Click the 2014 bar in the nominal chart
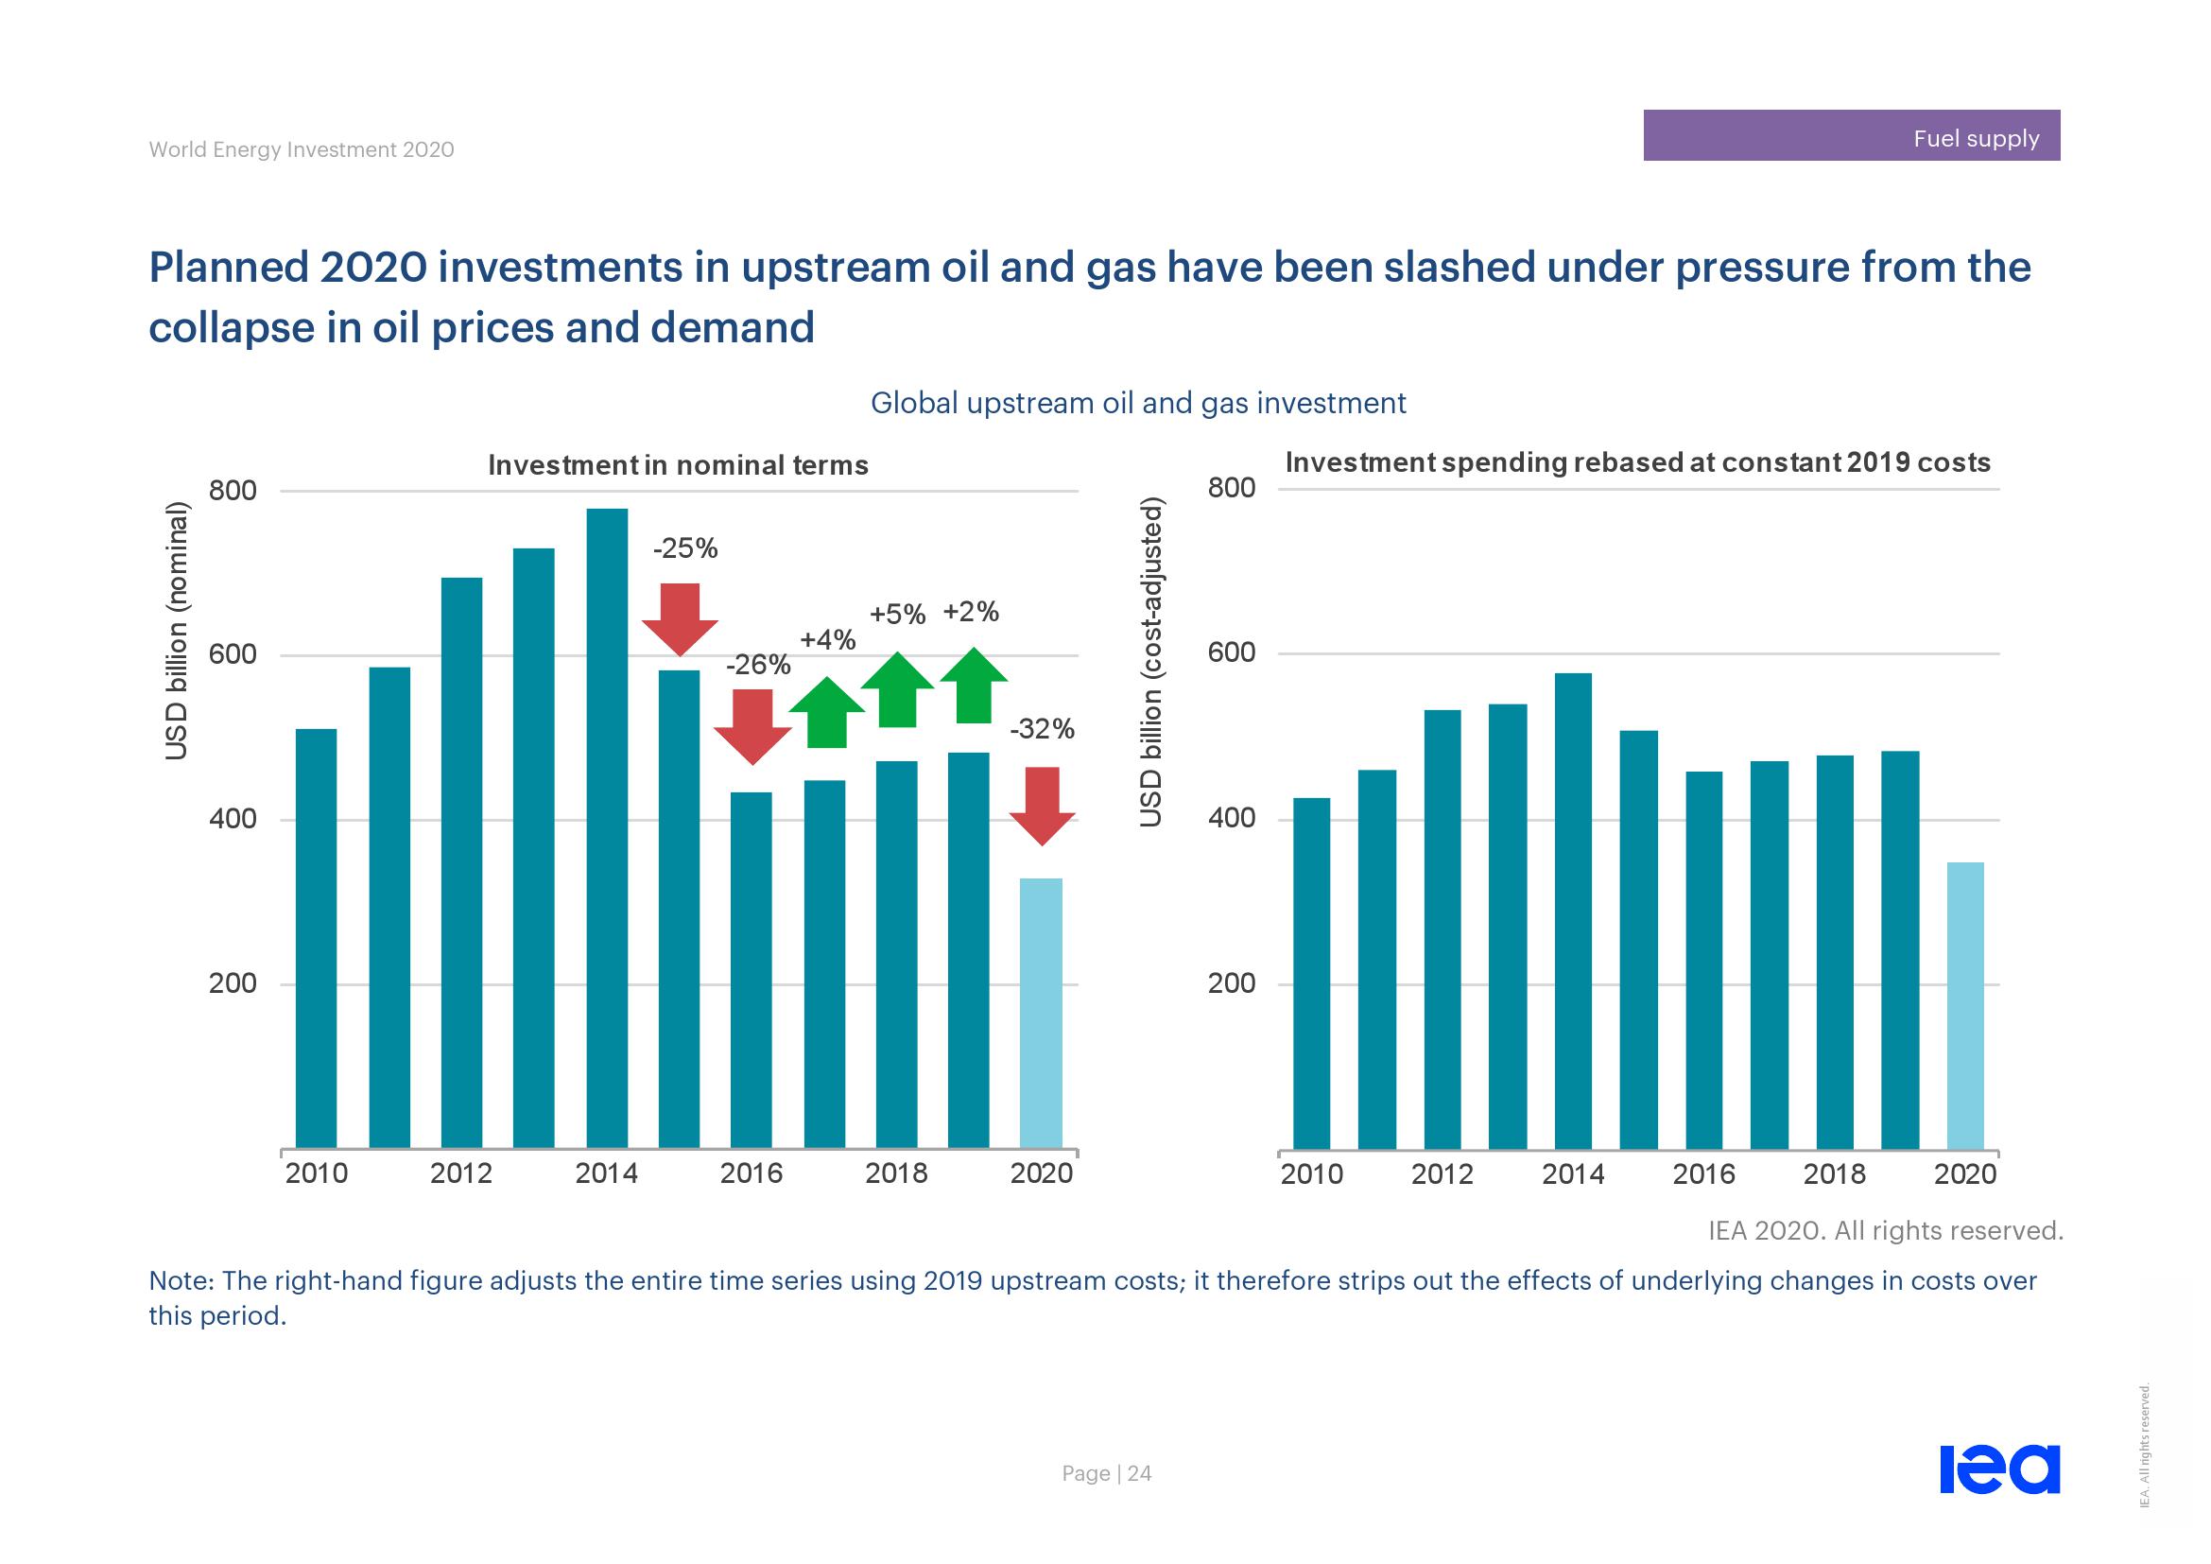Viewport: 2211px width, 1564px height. tap(607, 828)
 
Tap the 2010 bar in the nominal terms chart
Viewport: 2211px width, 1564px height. tap(316, 939)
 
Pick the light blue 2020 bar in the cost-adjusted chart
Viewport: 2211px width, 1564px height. tap(1964, 1006)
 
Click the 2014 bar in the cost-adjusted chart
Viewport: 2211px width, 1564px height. tap(1573, 911)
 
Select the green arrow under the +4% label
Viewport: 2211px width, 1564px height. tap(827, 714)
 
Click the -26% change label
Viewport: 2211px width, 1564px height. tap(758, 665)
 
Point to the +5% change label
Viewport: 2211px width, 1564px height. tap(897, 615)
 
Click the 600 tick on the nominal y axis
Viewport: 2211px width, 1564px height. tap(233, 655)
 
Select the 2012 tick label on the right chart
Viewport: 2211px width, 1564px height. tap(1442, 1174)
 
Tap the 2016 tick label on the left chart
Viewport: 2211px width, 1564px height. tap(751, 1173)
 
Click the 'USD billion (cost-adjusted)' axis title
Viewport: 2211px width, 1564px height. tap(1151, 662)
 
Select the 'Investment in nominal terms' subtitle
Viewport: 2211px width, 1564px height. tap(678, 465)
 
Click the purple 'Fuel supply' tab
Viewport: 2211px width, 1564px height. tap(1851, 136)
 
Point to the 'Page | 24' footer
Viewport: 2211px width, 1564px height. tap(1107, 1473)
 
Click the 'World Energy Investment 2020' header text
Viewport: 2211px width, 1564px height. tap(302, 149)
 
